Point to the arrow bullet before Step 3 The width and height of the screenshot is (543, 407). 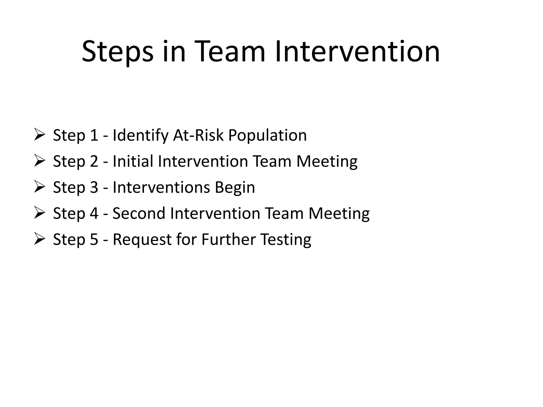pos(39,187)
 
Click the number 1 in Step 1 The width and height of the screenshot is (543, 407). pos(94,135)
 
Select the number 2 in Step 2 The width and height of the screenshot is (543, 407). pos(94,161)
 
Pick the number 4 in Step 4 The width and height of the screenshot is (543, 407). pos(94,213)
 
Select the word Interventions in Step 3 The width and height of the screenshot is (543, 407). pos(161,187)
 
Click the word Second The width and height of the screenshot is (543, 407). pos(139,213)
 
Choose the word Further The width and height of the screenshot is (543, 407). pos(229,239)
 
